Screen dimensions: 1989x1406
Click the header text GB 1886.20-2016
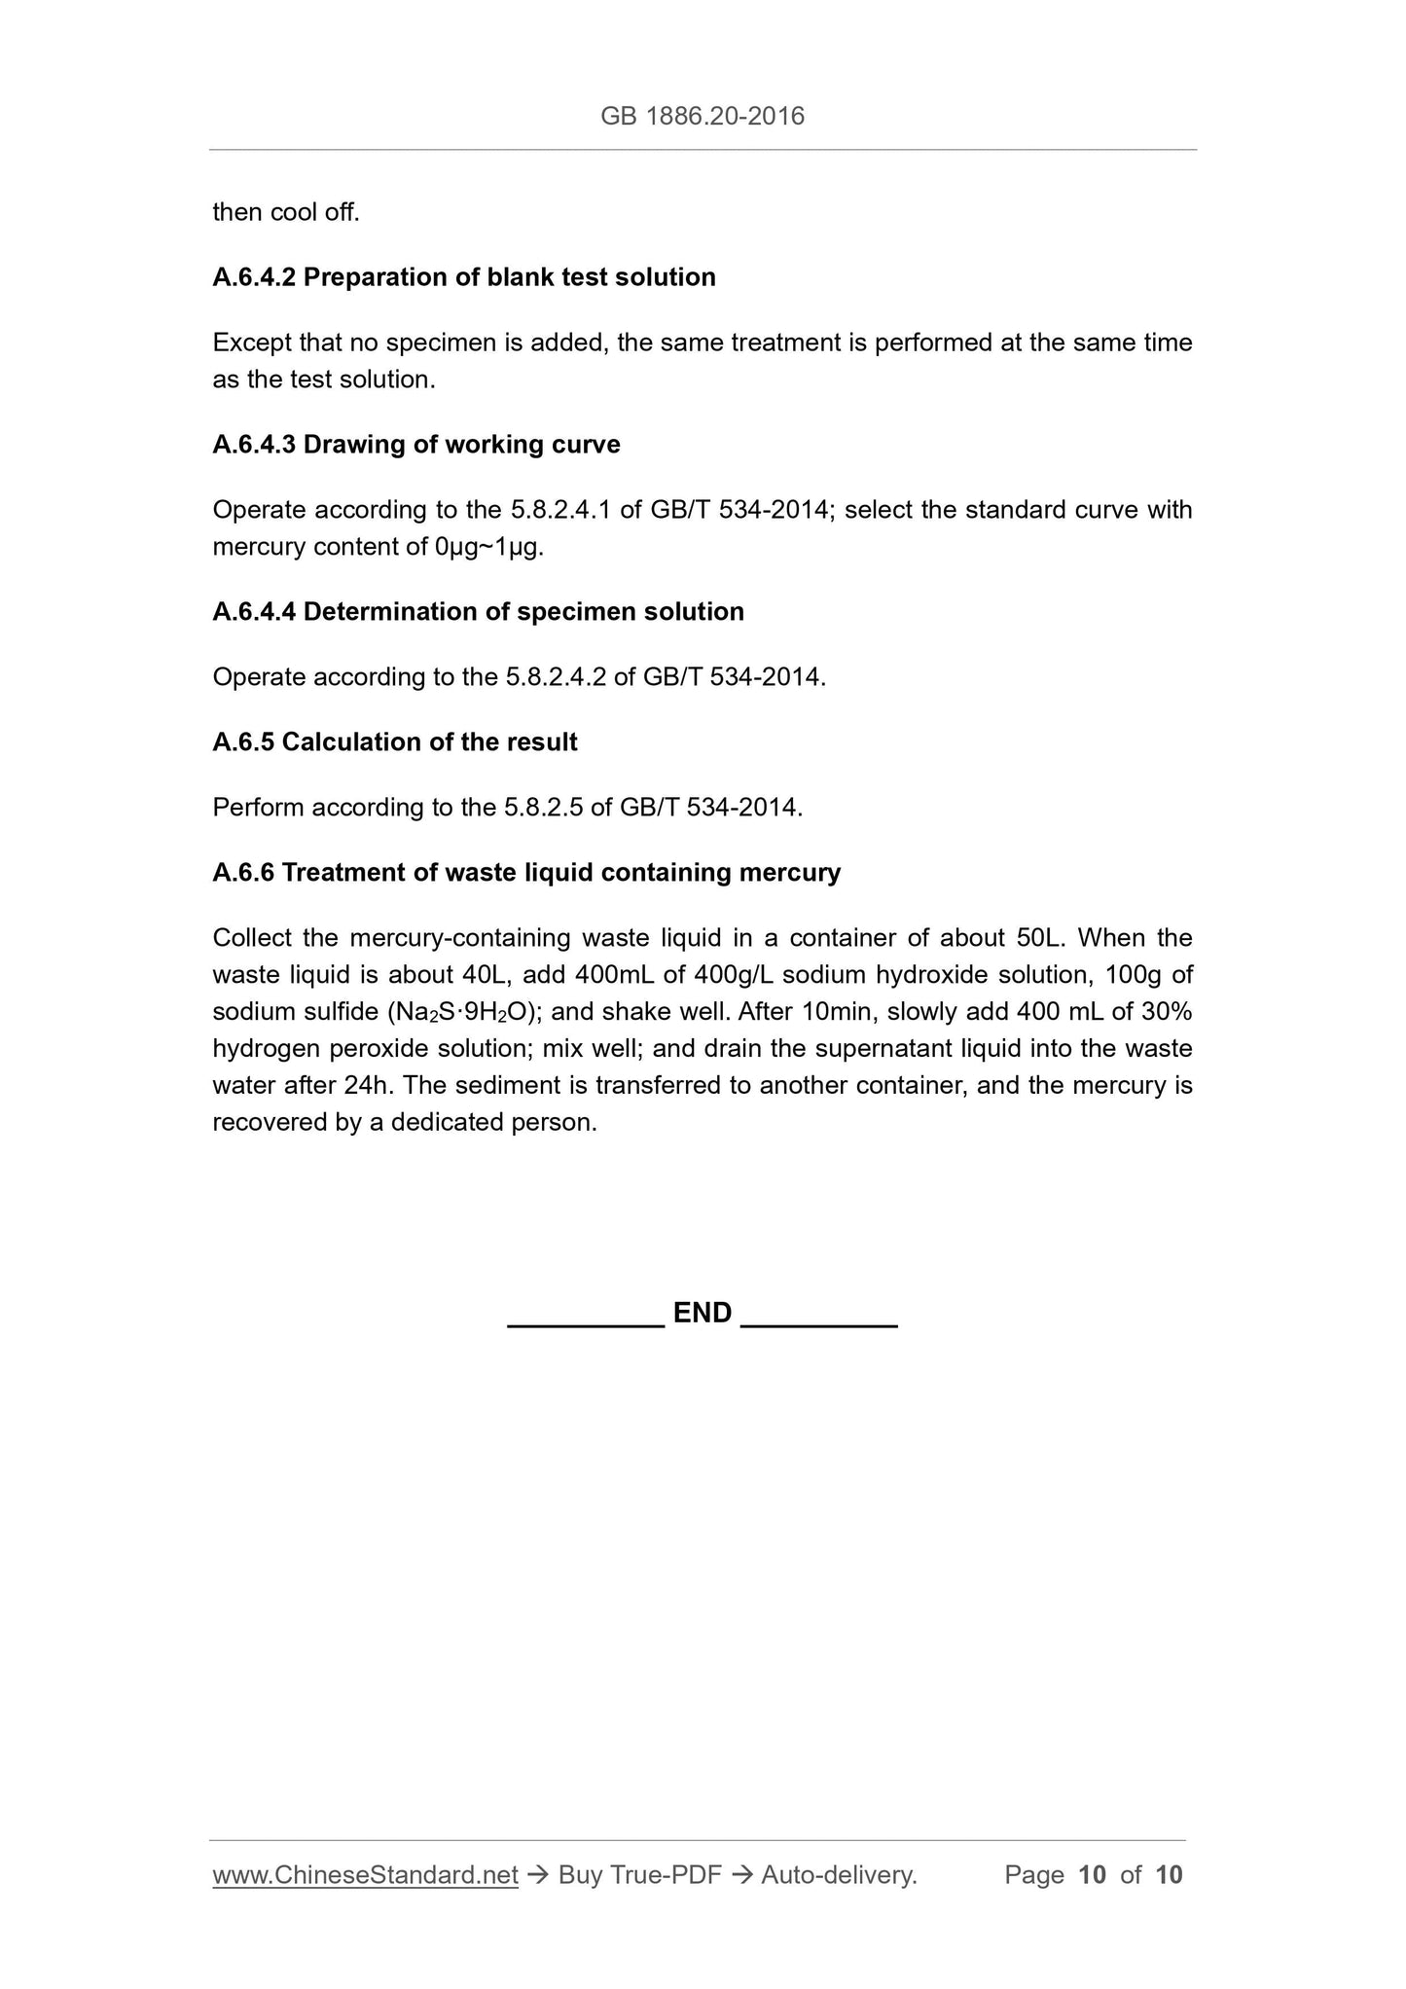point(702,117)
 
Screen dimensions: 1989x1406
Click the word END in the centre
point(702,1313)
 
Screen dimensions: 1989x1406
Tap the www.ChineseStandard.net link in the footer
point(365,1875)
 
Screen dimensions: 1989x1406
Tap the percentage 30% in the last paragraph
point(1167,1012)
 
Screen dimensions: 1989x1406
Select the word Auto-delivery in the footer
point(839,1875)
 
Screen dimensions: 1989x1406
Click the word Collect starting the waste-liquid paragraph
point(250,938)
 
